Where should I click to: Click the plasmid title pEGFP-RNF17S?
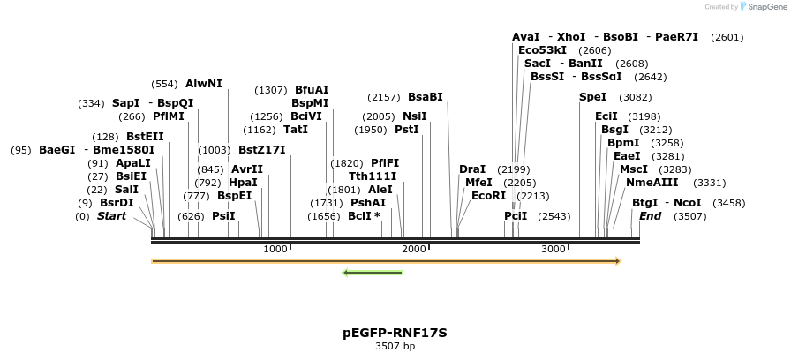395,333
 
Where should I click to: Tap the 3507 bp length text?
395,346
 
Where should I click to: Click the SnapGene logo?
765,6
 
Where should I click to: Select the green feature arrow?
373,272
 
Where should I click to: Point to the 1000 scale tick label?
276,250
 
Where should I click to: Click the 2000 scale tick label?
415,250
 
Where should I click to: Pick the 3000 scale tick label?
554,250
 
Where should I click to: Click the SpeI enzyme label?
592,97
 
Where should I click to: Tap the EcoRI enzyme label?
488,196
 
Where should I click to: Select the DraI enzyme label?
472,169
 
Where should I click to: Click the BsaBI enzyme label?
425,97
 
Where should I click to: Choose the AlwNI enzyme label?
203,84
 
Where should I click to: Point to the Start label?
111,216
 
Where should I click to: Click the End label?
650,216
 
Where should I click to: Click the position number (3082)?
635,97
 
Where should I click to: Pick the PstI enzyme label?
406,130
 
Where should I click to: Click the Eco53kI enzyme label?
542,50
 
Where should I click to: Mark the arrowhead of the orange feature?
617,261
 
